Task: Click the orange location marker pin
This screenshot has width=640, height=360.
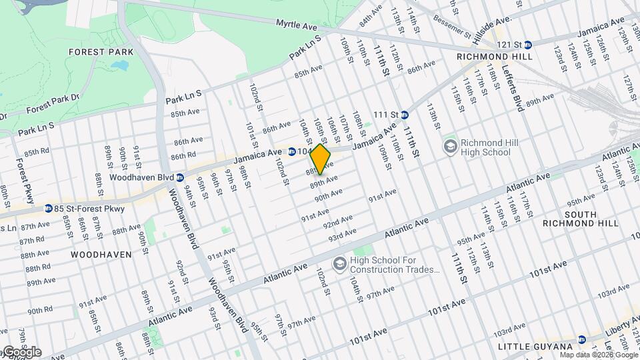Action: [x=321, y=160]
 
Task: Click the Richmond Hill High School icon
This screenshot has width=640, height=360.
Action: [x=451, y=145]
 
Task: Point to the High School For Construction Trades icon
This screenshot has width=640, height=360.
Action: [x=340, y=265]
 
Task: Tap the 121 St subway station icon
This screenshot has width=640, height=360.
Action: [x=527, y=45]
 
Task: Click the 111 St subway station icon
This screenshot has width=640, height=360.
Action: [x=404, y=115]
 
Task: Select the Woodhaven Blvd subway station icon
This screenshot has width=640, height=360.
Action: [x=179, y=177]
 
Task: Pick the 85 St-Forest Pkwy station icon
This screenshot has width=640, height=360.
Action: [x=49, y=209]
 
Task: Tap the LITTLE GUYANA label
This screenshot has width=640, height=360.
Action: [x=535, y=347]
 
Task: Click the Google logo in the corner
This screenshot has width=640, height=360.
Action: [x=22, y=352]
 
